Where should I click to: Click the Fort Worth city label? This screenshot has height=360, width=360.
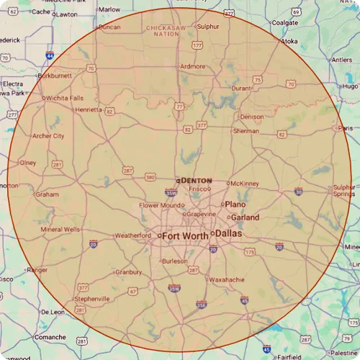click(x=185, y=235)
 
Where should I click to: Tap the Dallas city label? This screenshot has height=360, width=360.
click(x=229, y=234)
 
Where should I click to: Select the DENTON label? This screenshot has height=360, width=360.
click(x=197, y=180)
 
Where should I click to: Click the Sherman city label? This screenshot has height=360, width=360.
click(x=246, y=131)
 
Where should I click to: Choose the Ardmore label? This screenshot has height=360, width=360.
click(x=192, y=66)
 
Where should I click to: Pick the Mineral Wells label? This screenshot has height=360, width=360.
click(x=61, y=230)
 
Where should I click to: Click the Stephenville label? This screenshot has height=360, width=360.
click(x=92, y=298)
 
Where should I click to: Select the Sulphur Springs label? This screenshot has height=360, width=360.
click(x=343, y=191)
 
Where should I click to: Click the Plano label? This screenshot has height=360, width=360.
click(x=235, y=204)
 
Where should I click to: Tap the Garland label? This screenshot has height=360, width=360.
click(x=246, y=217)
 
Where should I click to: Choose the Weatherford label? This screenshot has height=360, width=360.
click(x=132, y=235)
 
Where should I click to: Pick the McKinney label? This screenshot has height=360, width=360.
click(x=245, y=184)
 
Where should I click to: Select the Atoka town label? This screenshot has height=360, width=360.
click(x=289, y=42)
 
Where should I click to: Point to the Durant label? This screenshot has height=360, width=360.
click(x=240, y=89)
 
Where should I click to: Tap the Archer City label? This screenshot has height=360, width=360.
click(x=48, y=135)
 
